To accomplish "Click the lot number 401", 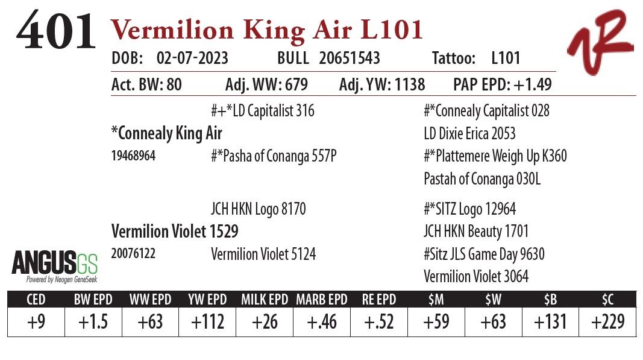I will click(55, 31).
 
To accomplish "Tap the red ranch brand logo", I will click(599, 42).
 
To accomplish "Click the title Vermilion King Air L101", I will click(266, 30).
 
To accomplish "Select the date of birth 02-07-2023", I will click(192, 58).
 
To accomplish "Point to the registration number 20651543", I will click(350, 58).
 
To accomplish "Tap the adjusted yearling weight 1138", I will click(406, 85).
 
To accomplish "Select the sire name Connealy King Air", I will click(167, 133).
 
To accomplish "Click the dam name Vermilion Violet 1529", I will click(175, 232).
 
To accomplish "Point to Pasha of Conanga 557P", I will click(273, 156).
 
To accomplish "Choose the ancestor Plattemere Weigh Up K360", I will click(495, 156).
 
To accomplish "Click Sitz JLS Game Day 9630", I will click(484, 254).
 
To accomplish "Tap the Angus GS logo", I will click(54, 265).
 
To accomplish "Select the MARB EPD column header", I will click(322, 300).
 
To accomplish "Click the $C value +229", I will click(607, 322).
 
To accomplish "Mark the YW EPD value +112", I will click(207, 322).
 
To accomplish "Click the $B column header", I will click(550, 300).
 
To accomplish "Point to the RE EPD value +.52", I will click(378, 322).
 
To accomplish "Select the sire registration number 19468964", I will click(134, 156).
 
